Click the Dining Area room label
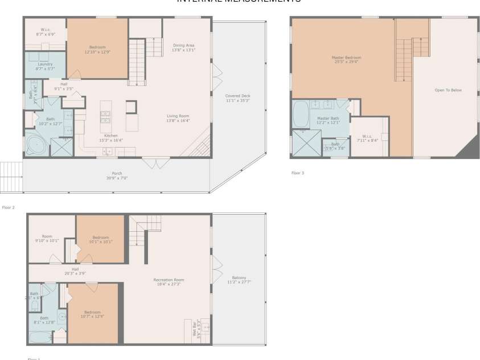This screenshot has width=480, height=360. point(183,47)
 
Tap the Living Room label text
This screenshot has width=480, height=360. point(178,118)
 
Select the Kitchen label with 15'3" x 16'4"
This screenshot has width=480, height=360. point(110,137)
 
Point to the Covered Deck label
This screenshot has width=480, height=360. point(237,98)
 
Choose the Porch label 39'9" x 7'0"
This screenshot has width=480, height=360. point(117,175)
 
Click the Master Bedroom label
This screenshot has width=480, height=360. point(346,59)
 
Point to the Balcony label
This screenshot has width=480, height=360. point(239,280)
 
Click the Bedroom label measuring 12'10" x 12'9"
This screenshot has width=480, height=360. point(97,49)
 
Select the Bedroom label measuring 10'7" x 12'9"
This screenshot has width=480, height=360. point(93,314)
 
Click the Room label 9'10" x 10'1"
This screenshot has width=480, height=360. point(47,238)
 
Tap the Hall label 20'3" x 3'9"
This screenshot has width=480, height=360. point(75,271)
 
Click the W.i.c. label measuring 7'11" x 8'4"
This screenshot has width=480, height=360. point(367,138)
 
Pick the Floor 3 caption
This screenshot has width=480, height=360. point(297,173)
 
